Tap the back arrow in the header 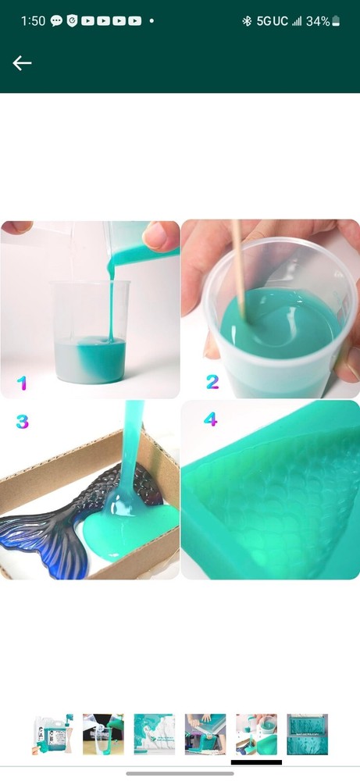[x=22, y=63]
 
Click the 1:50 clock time [x=33, y=21]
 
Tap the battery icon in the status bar [x=336, y=21]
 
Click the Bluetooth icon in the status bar [x=246, y=21]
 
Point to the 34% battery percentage [x=317, y=21]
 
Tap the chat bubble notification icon [x=56, y=21]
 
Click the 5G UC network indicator [x=273, y=21]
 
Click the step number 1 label [x=22, y=383]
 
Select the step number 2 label [x=212, y=382]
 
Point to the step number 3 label [x=22, y=422]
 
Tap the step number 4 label [x=210, y=419]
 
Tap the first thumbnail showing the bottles [x=52, y=733]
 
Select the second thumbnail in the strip [x=103, y=733]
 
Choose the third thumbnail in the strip [x=154, y=733]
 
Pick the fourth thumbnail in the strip [x=205, y=733]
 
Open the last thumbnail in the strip [x=307, y=733]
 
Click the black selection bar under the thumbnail [x=256, y=761]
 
